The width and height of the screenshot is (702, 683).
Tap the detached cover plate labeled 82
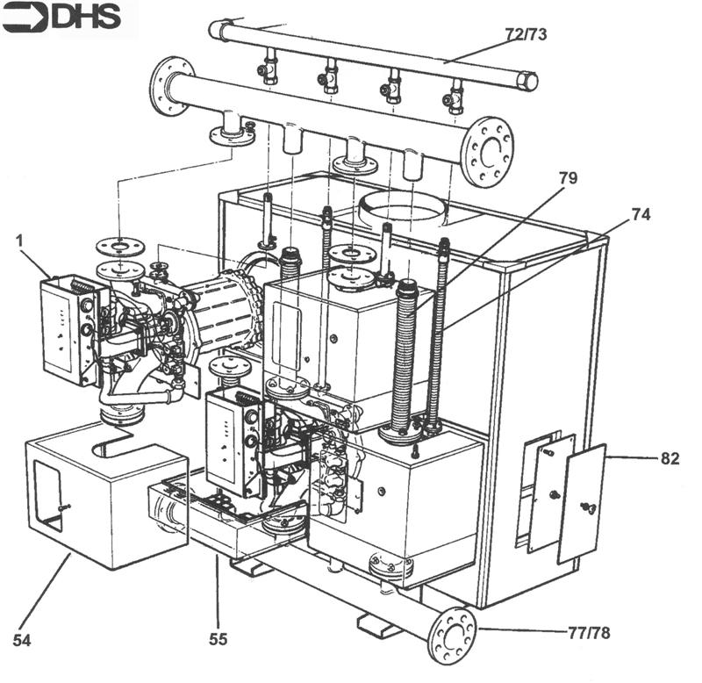[582, 504]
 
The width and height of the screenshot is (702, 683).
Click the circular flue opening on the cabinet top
[405, 209]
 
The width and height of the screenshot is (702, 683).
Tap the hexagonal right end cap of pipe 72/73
[527, 82]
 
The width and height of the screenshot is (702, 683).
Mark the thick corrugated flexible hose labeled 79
[405, 360]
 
